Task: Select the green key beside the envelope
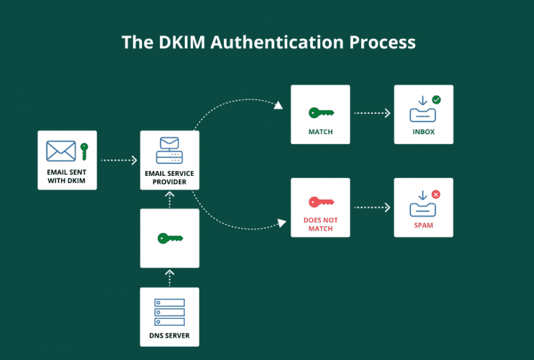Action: [x=84, y=151]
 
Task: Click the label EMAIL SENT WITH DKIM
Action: [x=67, y=176]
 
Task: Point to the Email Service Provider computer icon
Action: [x=170, y=149]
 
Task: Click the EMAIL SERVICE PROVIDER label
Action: [x=170, y=177]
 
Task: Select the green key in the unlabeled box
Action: [x=170, y=238]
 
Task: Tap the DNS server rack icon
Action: [x=170, y=312]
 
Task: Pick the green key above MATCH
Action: [x=321, y=112]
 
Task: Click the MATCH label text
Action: [x=321, y=131]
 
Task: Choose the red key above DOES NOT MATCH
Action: [x=321, y=202]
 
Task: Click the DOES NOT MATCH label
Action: [x=321, y=223]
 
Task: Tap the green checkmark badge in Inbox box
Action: [x=437, y=101]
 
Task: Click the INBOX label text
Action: [x=423, y=131]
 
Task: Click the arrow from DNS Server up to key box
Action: [x=170, y=277]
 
